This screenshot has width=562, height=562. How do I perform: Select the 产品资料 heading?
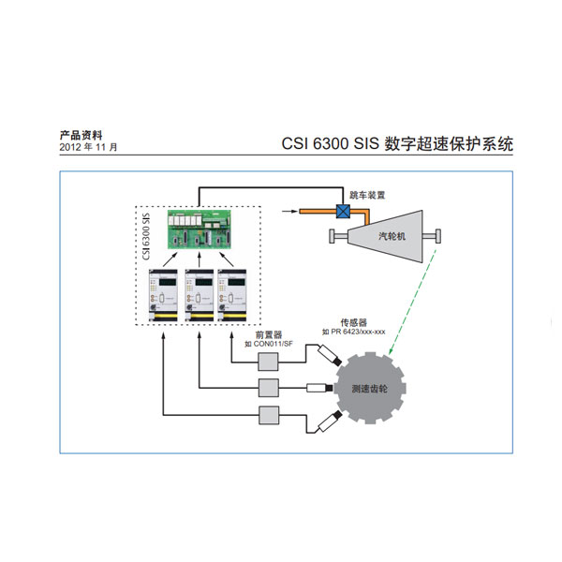click(81, 135)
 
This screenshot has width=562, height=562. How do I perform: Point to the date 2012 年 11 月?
click(89, 148)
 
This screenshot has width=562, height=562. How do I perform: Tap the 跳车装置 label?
click(366, 196)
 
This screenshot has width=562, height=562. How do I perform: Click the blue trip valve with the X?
click(343, 213)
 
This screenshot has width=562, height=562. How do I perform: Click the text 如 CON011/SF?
click(268, 344)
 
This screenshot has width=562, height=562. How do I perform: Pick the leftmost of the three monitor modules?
click(164, 295)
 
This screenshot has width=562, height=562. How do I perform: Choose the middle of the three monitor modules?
click(199, 295)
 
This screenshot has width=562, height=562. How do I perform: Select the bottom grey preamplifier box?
click(269, 416)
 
